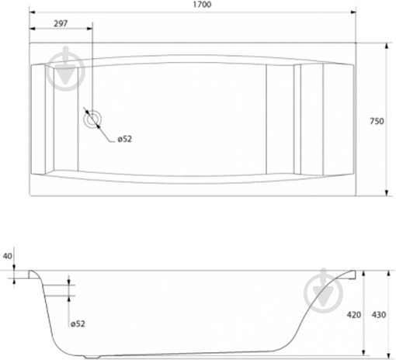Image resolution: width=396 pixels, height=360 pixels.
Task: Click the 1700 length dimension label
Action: coord(202,5)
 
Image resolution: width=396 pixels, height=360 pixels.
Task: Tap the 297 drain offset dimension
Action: coord(61,23)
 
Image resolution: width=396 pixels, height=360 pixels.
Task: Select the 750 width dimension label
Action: coord(377,121)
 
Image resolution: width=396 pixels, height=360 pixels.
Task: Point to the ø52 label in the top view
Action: coord(125,139)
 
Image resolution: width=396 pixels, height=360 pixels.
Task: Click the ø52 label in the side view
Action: coord(78,324)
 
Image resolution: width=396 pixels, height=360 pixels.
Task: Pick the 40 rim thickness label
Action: coord(7,256)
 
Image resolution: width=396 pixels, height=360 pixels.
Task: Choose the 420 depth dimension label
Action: coord(354,315)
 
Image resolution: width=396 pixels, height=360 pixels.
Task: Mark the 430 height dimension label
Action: coord(379,315)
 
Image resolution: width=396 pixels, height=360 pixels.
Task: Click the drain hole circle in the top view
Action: coord(92,119)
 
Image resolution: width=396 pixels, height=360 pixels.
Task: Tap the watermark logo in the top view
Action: coord(66,69)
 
